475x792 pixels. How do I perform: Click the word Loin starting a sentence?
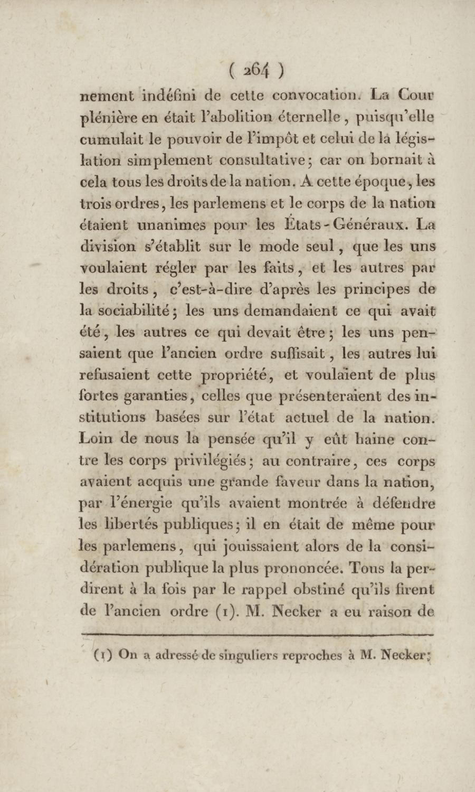click(x=96, y=439)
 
